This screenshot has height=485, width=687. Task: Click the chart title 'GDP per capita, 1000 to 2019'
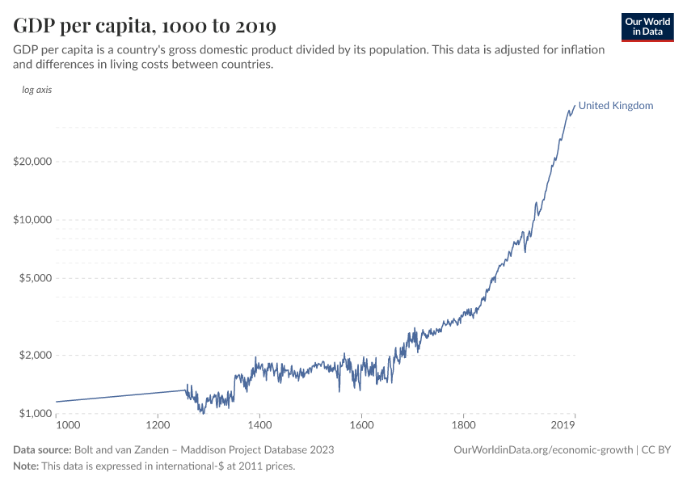[145, 27]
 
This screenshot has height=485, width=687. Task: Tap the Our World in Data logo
[647, 27]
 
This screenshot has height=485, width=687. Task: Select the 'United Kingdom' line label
[616, 106]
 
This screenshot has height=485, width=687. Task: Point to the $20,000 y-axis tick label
[32, 161]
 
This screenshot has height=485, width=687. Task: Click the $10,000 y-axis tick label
[32, 220]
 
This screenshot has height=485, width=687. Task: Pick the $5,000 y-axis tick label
[35, 278]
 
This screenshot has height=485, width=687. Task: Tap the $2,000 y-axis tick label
[35, 356]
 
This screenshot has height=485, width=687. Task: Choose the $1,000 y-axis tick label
[35, 414]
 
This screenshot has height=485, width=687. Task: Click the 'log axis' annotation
[37, 90]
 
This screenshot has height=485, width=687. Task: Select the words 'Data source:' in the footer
[42, 449]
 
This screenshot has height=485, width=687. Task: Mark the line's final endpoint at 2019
[575, 105]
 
